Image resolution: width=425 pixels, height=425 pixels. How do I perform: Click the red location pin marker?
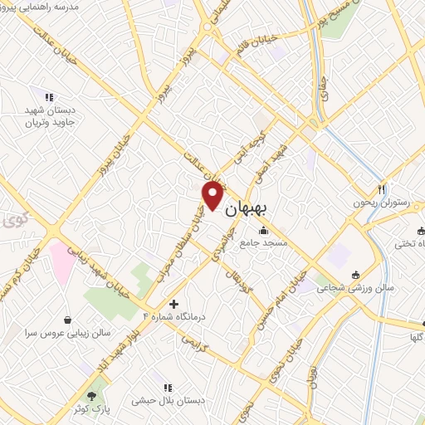click(213, 195)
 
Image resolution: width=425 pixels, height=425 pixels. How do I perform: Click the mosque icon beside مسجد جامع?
click(264, 230)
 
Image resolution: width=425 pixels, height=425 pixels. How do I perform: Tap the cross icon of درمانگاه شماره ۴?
click(173, 304)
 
